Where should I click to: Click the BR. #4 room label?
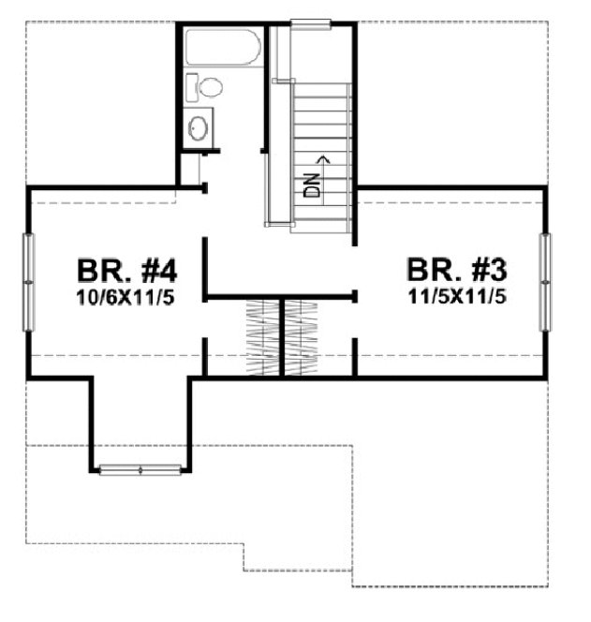[126, 271]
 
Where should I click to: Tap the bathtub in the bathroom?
[222, 47]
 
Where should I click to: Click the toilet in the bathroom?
[209, 88]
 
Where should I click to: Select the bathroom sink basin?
[198, 127]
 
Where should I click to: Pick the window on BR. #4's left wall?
[29, 281]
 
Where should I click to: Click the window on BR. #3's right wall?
[545, 281]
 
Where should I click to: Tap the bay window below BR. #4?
[140, 468]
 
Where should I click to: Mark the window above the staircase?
[310, 24]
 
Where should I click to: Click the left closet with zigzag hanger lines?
[262, 337]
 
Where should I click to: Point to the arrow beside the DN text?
[324, 160]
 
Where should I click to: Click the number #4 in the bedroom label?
[155, 271]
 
